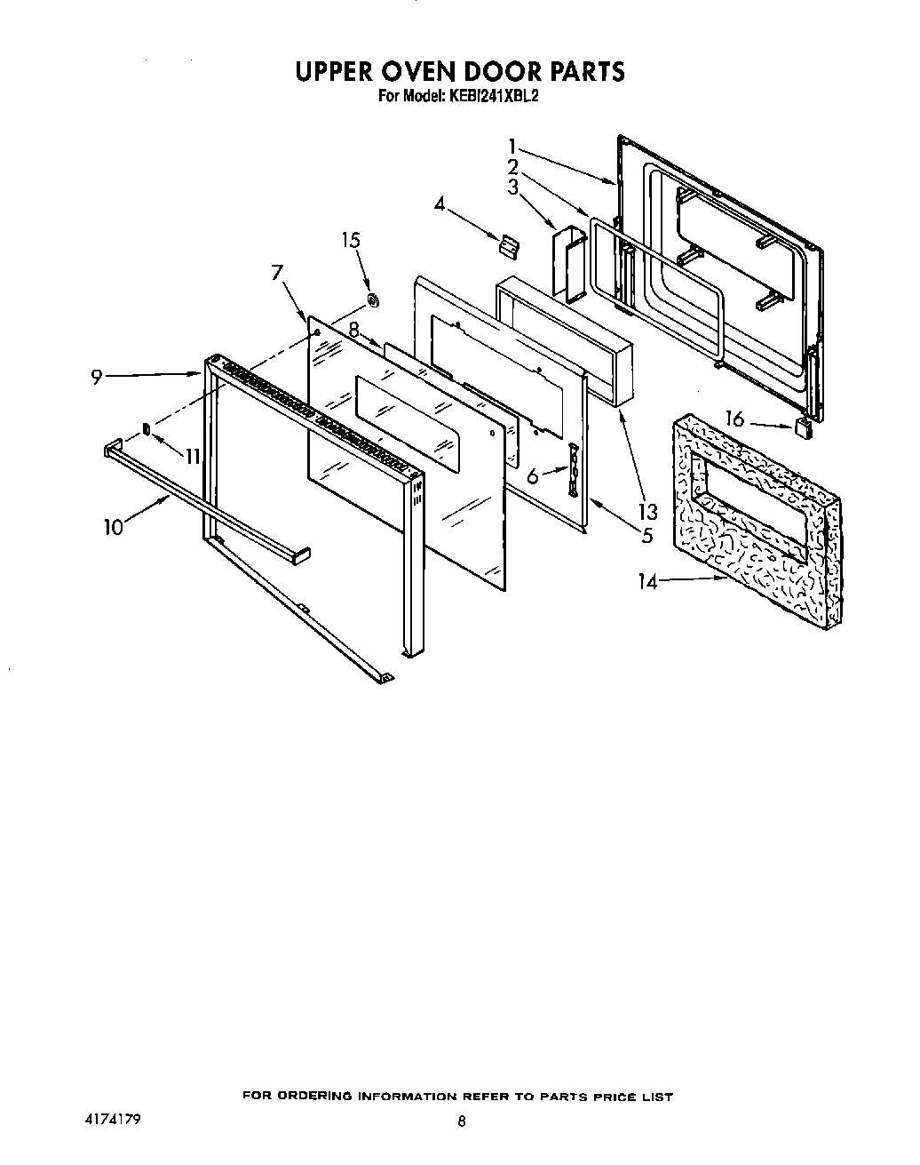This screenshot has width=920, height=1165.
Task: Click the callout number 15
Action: pos(352,240)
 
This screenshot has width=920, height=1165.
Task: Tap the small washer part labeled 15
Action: pos(374,299)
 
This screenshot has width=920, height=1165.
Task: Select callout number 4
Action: pos(439,203)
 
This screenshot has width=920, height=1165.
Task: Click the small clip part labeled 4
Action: pos(507,244)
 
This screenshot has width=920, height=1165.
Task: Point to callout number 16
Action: pos(734,419)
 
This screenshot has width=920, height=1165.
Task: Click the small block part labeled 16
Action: pos(805,428)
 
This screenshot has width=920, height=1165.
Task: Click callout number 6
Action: pos(532,476)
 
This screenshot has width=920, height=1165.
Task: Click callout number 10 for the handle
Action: pos(113,526)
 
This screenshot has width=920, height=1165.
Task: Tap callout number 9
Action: pos(96,376)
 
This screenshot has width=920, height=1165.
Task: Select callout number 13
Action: pos(647,511)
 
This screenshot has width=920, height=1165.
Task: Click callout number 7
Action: pos(278,272)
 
